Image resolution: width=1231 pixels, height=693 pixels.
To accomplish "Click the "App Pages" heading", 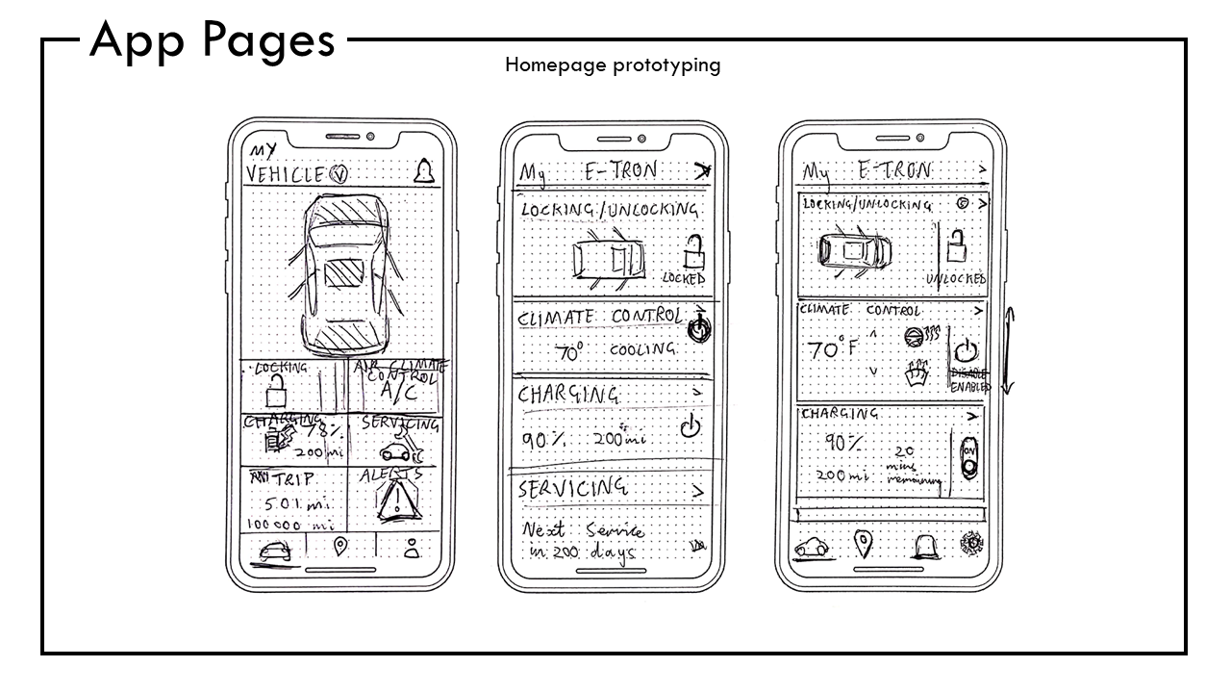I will coord(213,41).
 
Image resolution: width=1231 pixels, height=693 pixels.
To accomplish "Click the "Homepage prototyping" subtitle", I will coord(613,65).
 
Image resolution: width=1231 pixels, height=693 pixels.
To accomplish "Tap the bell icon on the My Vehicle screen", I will coord(423,172).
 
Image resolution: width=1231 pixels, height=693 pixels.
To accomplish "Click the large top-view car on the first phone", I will coord(342,274).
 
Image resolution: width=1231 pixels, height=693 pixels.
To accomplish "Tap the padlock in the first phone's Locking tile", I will coord(277,392).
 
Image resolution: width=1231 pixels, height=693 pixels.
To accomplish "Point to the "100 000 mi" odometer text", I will coord(290,525).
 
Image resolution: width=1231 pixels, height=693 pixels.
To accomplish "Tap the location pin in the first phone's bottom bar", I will coord(339,548).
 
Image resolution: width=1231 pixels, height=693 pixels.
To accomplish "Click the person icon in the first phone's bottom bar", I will coord(412,549).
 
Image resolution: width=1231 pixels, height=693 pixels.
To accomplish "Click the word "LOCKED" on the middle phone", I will coord(685,278).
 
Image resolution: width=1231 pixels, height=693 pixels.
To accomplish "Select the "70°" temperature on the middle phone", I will coord(567,352).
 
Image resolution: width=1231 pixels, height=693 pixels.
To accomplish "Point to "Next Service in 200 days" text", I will coord(583,542).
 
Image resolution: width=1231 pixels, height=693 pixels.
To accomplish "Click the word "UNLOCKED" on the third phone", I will coord(956,279).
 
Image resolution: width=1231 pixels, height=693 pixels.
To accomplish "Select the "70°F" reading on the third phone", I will coord(834,349).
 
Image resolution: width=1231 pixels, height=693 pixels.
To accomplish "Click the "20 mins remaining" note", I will coord(910,465).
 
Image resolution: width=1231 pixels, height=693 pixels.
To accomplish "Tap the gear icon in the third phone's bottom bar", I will coord(973,544).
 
